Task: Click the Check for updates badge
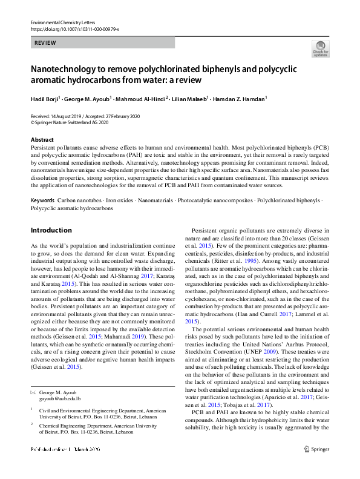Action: [x=319, y=50]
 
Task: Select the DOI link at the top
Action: [x=74, y=29]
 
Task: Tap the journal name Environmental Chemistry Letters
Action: [x=65, y=22]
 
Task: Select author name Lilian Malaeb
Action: [x=190, y=97]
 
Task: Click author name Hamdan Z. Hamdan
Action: [x=241, y=97]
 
